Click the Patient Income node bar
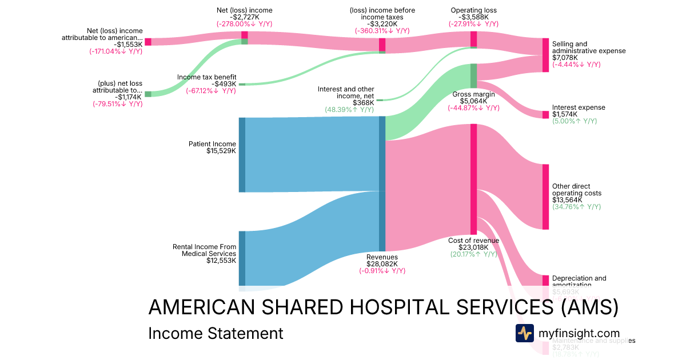[x=242, y=154]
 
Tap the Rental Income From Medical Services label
[x=204, y=250]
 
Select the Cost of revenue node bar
[x=473, y=178]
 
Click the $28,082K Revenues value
[x=382, y=264]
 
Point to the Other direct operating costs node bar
[x=545, y=197]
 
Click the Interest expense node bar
[x=545, y=114]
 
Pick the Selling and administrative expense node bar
[x=545, y=55]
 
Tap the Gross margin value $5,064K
[x=473, y=101]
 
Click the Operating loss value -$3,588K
[x=473, y=17]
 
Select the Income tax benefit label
[x=206, y=77]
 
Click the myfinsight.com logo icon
[x=524, y=333]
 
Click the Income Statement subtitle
[x=216, y=333]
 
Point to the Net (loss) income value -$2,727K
[x=244, y=17]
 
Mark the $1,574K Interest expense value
[x=565, y=114]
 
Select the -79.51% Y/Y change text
[x=117, y=104]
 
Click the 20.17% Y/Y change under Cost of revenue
[x=473, y=254]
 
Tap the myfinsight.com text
[x=579, y=333]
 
